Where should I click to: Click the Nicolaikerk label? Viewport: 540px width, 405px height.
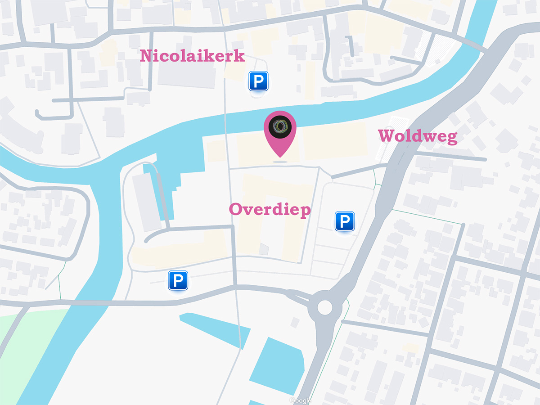tap(192, 56)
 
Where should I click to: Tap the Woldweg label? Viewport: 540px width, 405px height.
tap(417, 136)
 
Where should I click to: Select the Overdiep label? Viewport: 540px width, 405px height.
tap(270, 209)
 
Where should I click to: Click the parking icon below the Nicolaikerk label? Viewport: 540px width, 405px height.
tap(258, 81)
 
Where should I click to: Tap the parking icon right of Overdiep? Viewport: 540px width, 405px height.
tap(345, 221)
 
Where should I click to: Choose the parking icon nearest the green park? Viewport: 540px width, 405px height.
tap(178, 280)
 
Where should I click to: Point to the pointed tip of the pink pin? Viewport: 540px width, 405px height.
tap(279, 156)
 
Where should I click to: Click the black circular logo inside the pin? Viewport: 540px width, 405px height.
tap(279, 126)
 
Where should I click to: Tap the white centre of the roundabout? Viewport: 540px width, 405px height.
tap(324, 308)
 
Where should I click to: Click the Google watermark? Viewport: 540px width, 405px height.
tap(300, 400)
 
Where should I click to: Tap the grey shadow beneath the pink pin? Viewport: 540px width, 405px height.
tap(279, 161)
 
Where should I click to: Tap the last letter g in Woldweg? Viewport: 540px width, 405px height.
tap(451, 138)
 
